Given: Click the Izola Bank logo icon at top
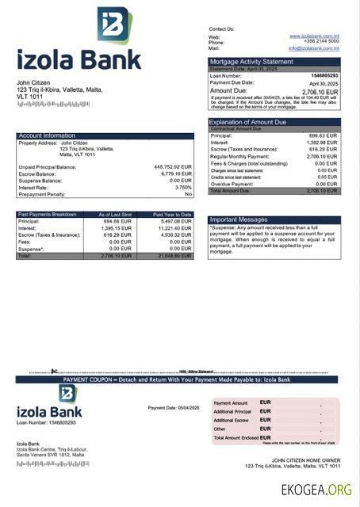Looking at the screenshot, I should pyautogui.click(x=114, y=26).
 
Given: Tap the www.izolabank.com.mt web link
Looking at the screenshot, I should pyautogui.click(x=314, y=36).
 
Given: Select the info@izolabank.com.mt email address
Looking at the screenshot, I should pyautogui.click(x=313, y=48).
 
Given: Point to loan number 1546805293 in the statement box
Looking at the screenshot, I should pyautogui.click(x=323, y=75).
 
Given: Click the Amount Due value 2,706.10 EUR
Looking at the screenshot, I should pyautogui.click(x=320, y=91).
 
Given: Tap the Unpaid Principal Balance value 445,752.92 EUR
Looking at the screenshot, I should pyautogui.click(x=172, y=167).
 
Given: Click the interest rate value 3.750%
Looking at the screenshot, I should pyautogui.click(x=182, y=187).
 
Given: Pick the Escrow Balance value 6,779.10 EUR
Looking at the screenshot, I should pyautogui.click(x=176, y=173).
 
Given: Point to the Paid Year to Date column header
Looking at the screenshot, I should pyautogui.click(x=172, y=214).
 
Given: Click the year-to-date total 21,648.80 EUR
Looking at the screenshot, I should pyautogui.click(x=175, y=256).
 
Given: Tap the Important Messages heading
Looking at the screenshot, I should pyautogui.click(x=239, y=219).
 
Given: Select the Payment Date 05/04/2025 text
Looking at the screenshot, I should pyautogui.click(x=174, y=407).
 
